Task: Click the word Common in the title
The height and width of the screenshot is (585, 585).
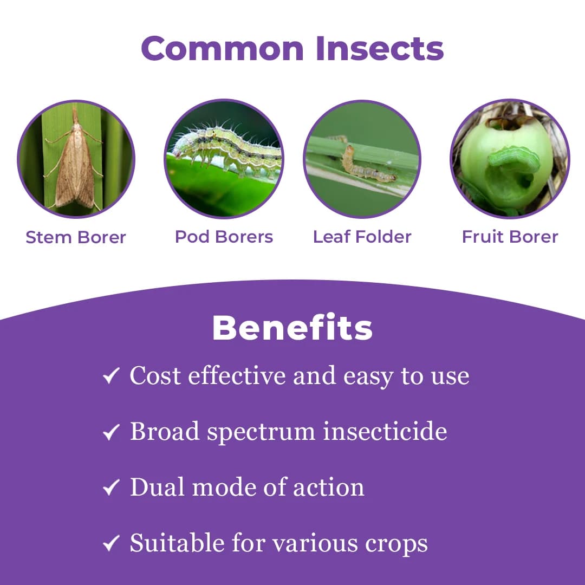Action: [223, 48]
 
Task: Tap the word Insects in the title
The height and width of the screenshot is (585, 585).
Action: [380, 48]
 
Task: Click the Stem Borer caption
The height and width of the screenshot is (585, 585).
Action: [76, 237]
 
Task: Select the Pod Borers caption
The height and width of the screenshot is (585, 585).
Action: [224, 237]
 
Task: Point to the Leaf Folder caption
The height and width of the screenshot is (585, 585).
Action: [362, 237]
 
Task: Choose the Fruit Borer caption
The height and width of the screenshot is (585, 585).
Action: [510, 237]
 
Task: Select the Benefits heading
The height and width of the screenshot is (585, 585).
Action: [292, 328]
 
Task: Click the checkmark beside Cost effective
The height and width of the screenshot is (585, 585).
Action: [111, 376]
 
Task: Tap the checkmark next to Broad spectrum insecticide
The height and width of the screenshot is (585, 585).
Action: [111, 432]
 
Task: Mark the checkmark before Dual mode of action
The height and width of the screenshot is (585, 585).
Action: [111, 488]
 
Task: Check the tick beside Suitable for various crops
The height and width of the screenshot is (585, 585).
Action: [111, 544]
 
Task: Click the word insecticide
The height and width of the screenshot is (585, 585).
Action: [385, 432]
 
